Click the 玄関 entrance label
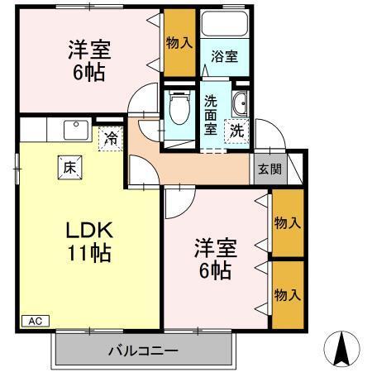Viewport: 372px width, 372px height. pyautogui.click(x=269, y=169)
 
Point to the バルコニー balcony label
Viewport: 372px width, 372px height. pyautogui.click(x=142, y=351)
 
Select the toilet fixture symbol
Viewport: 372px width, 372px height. pyautogui.click(x=177, y=107)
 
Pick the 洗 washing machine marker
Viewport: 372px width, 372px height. pyautogui.click(x=237, y=130)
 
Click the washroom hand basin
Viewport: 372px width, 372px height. pyautogui.click(x=240, y=103)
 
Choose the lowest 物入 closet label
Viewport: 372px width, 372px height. pyautogui.click(x=286, y=295)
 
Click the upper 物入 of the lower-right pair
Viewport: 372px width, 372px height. pyautogui.click(x=286, y=223)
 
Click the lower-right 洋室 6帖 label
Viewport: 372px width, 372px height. pyautogui.click(x=213, y=258)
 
